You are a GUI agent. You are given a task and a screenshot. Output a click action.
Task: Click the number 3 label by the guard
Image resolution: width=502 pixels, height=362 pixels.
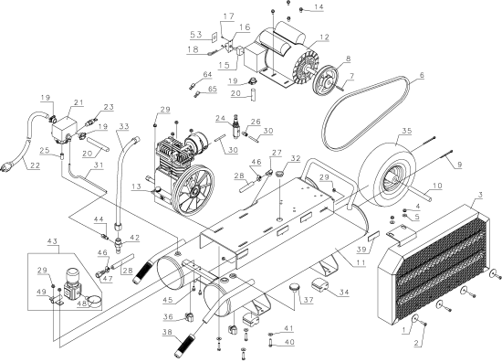pos(479,196)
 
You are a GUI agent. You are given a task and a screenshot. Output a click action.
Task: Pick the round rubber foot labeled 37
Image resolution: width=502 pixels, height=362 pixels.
pos(298,289)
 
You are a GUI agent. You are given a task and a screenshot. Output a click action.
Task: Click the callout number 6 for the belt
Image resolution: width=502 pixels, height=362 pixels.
pos(423,78)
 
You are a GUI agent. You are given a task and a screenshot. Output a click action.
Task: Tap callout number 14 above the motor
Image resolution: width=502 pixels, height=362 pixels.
pos(319,7)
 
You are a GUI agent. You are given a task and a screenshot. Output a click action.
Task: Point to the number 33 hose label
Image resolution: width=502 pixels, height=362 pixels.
pos(124,125)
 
